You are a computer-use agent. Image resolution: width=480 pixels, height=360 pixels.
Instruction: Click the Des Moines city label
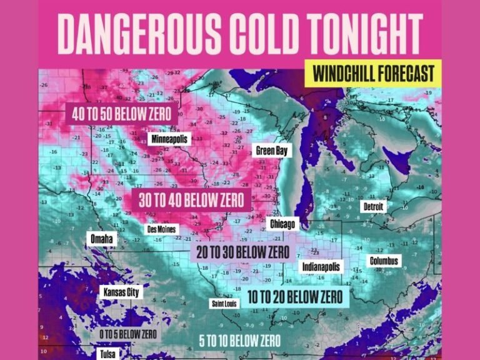coord(162,229)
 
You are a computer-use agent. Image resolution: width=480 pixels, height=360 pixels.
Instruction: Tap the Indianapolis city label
coord(322,267)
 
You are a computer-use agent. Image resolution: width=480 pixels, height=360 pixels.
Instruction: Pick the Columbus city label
coord(384,261)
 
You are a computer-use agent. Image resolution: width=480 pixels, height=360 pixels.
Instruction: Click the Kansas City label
coord(121,292)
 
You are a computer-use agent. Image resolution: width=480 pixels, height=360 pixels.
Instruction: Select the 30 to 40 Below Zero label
coord(187,201)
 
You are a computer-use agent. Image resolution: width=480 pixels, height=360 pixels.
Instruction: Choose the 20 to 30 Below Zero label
coord(242,252)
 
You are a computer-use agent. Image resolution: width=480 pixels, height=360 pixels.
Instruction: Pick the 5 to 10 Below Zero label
coord(239,341)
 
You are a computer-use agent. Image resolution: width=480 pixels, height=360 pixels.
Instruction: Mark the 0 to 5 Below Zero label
coord(129,334)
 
